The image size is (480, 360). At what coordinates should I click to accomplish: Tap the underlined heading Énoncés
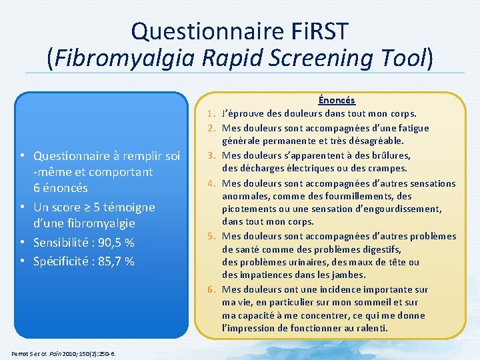coord(337,101)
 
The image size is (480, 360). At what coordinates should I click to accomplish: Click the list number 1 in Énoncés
coord(210,114)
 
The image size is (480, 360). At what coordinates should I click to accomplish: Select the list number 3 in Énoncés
coord(210,155)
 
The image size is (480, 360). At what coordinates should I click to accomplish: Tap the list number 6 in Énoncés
coord(210,289)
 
